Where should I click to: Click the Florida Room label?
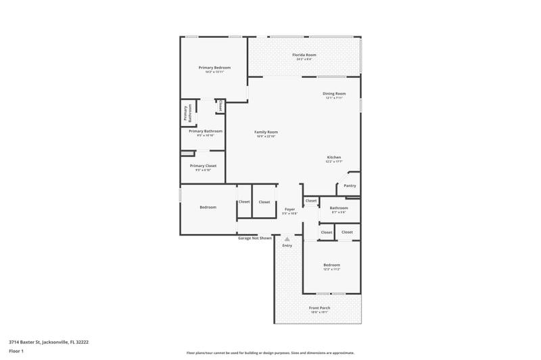tap(304, 55)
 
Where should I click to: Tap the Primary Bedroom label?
tap(214, 68)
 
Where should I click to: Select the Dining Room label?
tap(334, 93)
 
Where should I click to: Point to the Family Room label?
tap(266, 132)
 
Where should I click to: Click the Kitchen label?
tap(334, 157)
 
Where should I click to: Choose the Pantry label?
tap(350, 185)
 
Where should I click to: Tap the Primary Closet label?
tap(203, 166)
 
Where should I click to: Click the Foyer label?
tap(289, 210)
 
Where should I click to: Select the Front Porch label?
tap(319, 308)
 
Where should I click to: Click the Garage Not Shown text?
tap(255, 238)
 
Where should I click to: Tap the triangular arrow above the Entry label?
tap(287, 239)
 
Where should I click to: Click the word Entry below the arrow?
tap(287, 246)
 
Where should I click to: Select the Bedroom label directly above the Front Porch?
tap(331, 265)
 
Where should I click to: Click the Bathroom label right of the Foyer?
tap(339, 208)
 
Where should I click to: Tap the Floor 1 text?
tap(16, 351)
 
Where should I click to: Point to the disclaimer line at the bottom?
tap(270, 353)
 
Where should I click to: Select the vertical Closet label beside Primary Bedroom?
tap(220, 106)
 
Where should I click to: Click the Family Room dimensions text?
tap(266, 137)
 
